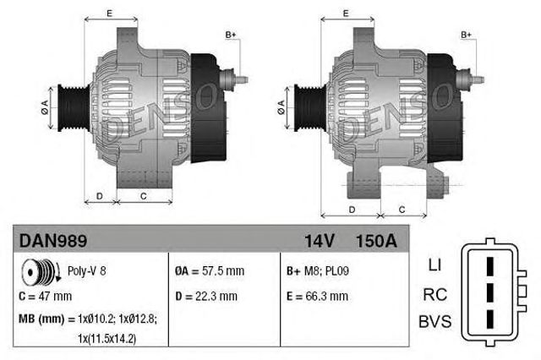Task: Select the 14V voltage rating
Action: coord(319,241)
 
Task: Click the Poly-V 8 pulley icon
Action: coord(37,273)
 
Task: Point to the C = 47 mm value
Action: coord(46,297)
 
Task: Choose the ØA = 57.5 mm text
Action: coord(209,272)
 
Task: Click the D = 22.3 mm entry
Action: coord(206,297)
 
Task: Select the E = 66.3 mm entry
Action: coord(317,297)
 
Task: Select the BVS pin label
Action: coord(434,322)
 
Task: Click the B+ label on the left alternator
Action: coord(230,34)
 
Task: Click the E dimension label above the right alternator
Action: coord(347,14)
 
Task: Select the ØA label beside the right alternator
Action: coord(281,106)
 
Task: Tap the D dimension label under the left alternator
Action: coord(99,196)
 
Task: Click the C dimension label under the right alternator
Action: coord(402,209)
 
